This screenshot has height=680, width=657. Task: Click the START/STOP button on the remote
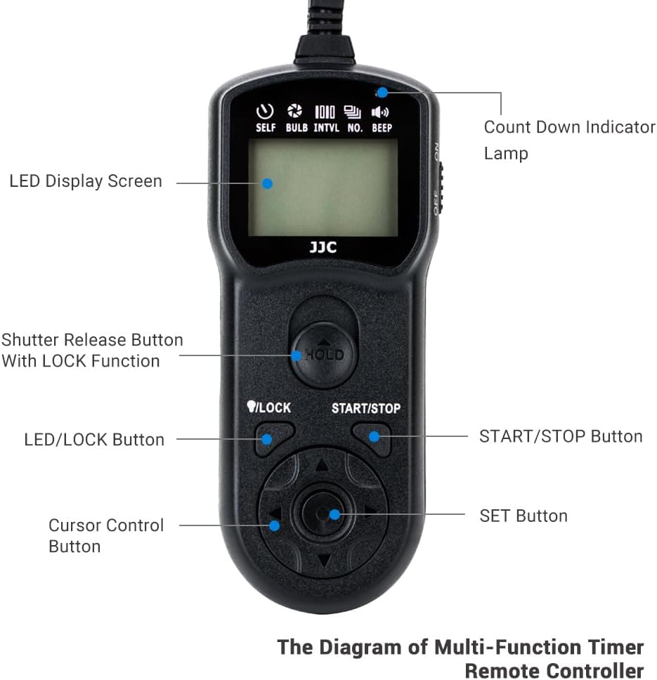372,437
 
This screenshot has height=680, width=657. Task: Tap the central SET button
323,514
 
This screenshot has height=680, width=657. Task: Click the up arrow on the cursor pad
322,466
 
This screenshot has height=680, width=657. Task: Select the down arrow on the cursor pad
323,560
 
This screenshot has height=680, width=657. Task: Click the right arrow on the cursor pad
370,511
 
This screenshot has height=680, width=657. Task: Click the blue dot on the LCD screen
267,183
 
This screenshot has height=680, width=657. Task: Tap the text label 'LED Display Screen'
86,181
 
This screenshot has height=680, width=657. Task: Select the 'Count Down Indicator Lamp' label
569,140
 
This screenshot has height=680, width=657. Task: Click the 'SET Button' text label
523,516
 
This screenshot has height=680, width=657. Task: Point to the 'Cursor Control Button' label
105,535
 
